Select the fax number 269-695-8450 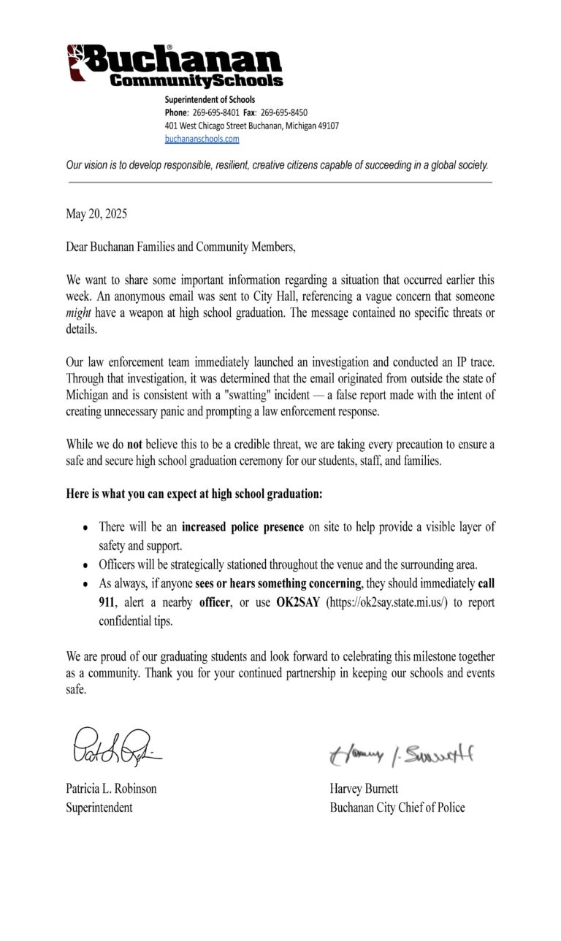click(x=283, y=112)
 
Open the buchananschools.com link click(x=202, y=139)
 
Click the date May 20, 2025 click(x=96, y=214)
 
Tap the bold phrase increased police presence click(x=243, y=526)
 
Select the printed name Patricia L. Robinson click(x=111, y=788)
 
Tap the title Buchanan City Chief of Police click(x=397, y=807)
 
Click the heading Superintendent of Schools click(x=210, y=99)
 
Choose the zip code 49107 click(x=325, y=126)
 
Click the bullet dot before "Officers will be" click(x=86, y=565)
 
